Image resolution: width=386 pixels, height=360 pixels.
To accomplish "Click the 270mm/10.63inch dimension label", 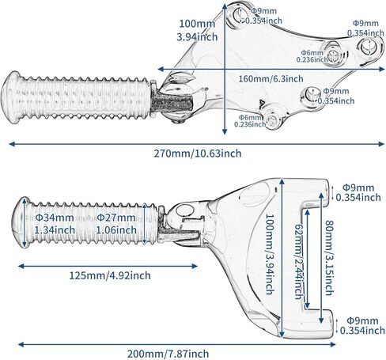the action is (x=198, y=153).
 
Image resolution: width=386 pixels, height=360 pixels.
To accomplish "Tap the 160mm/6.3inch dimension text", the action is (x=271, y=78).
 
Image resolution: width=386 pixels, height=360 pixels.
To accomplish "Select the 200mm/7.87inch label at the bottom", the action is (x=168, y=354).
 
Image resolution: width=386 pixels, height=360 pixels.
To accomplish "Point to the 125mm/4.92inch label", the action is (x=110, y=275).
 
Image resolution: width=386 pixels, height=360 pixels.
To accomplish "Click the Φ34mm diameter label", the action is (x=55, y=218).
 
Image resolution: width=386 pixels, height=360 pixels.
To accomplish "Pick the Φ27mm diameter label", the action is (x=116, y=218).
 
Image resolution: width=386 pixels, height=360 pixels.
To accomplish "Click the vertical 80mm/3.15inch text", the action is (x=329, y=258).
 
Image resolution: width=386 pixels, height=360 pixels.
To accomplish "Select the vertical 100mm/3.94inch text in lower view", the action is (x=270, y=254).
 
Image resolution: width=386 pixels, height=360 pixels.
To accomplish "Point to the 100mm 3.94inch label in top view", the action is (x=197, y=30).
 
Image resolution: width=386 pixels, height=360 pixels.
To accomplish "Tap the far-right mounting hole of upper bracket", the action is (x=368, y=46).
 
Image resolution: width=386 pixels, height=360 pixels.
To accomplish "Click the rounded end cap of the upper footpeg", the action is (x=11, y=97).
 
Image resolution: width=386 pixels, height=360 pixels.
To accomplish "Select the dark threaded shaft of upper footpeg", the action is (x=172, y=103).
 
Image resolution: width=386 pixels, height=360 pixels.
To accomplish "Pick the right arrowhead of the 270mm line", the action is (x=381, y=144).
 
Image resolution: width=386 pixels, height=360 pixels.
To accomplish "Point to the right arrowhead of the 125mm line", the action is (x=195, y=266).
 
